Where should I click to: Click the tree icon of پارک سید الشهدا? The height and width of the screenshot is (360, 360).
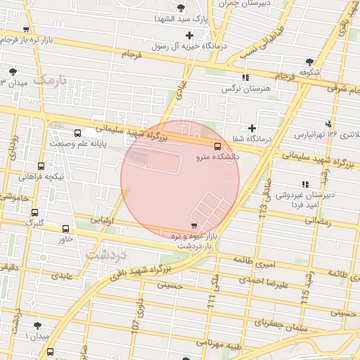click(x=181, y=8)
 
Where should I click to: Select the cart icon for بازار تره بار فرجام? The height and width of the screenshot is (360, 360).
click(x=26, y=30)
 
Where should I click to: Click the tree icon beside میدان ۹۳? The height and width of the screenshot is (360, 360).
click(x=13, y=72)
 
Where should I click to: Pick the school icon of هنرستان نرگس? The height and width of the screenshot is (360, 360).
click(x=245, y=77)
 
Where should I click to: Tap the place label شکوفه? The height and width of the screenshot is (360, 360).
click(x=309, y=72)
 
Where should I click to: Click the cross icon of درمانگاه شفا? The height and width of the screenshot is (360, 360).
click(x=252, y=128)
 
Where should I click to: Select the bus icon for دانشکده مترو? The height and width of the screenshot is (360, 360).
click(x=217, y=146)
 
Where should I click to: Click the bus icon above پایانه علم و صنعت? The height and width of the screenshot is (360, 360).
click(x=77, y=132)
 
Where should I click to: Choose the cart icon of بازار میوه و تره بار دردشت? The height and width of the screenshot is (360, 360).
click(x=193, y=226)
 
